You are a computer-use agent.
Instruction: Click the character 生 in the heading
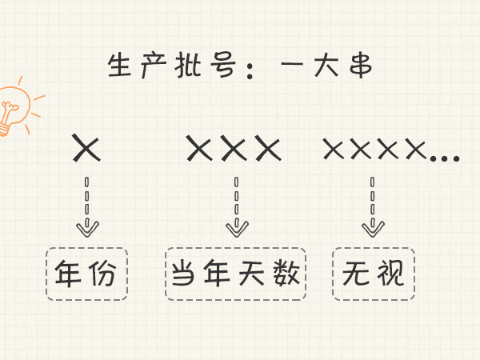coord(121,66)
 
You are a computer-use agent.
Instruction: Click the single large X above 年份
coord(86,148)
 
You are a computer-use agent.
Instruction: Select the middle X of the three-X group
coord(234,148)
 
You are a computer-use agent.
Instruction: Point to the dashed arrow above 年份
coord(87,206)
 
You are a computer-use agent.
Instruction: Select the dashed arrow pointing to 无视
coord(371,206)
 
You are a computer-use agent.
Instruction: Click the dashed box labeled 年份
coord(86,274)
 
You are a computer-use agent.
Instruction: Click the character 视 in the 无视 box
coord(387,274)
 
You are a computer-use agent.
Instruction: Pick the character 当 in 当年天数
coord(184,274)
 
